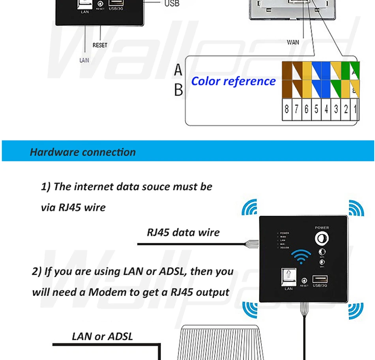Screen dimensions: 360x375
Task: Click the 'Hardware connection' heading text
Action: [83, 152]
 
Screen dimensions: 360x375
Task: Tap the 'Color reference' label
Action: [233, 81]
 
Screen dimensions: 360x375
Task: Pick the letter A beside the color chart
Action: [178, 70]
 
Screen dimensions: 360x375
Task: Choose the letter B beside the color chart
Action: [178, 90]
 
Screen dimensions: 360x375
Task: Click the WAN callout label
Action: [293, 42]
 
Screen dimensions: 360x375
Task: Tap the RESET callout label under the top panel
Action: [100, 45]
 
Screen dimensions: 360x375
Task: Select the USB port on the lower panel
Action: [320, 280]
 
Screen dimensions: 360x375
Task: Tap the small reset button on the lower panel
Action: [304, 281]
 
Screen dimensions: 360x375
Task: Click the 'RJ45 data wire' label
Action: [183, 232]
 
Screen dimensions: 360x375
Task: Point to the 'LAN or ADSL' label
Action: [102, 336]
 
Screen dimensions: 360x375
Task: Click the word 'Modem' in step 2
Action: [103, 292]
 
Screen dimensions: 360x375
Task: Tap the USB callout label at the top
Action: [172, 4]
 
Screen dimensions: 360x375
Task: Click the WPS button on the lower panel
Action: [322, 253]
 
